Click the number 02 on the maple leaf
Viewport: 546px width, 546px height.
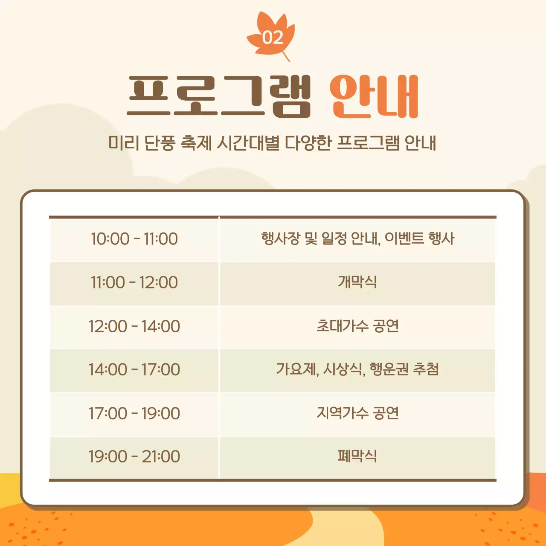273,38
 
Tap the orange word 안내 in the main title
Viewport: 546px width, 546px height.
374,96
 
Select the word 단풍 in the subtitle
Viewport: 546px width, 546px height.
160,143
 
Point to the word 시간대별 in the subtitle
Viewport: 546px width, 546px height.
248,143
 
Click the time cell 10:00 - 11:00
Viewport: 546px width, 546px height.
134,239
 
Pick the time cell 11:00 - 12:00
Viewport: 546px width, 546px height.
134,282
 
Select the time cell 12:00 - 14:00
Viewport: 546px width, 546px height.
134,326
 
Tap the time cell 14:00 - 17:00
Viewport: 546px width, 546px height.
134,369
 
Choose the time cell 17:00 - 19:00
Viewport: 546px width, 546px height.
134,413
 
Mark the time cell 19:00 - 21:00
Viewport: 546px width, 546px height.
134,456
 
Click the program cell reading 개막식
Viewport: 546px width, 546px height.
357,282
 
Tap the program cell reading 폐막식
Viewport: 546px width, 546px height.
357,456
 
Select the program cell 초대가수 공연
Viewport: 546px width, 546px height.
357,326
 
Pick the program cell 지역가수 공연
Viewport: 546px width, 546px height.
357,413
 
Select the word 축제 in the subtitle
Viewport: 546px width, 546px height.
196,143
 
